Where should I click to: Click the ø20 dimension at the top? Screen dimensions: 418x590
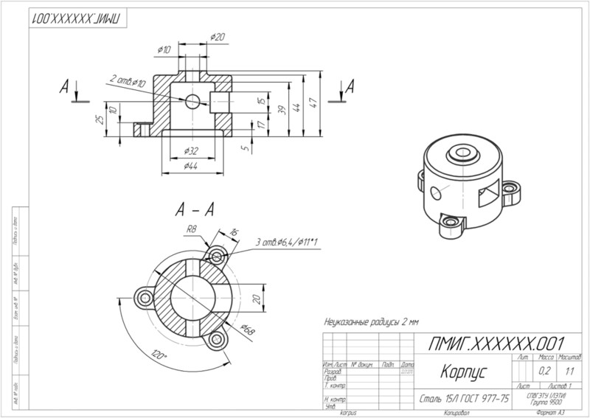[x=218, y=36]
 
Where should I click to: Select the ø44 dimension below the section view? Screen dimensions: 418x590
[x=192, y=167]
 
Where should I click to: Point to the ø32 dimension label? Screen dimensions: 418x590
[x=192, y=150]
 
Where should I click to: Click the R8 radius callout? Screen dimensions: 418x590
[x=191, y=229]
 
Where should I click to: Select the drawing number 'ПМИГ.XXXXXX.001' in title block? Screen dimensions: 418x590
[x=496, y=344]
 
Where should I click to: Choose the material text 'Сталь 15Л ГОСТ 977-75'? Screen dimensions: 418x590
[x=463, y=398]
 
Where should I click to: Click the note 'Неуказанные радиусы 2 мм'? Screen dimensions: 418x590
[x=371, y=323]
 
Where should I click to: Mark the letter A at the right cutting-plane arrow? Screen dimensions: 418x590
[x=350, y=86]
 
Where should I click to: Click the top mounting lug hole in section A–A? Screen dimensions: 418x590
[x=216, y=255]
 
